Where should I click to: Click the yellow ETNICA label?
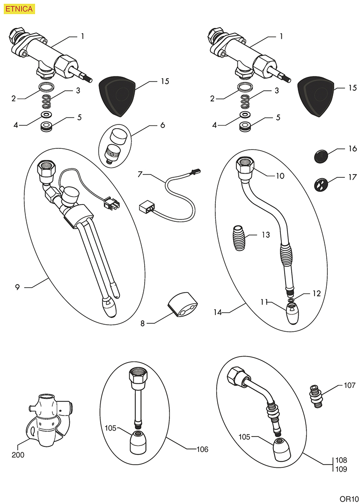(19, 8)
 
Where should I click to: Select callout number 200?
(19, 454)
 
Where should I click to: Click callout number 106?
(202, 450)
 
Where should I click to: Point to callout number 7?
(140, 175)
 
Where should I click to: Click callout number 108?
(341, 460)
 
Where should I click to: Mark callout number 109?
(341, 469)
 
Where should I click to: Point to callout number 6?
(162, 125)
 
